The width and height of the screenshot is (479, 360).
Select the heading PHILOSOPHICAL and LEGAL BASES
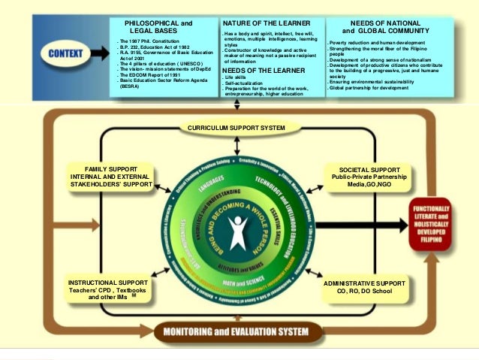pyautogui.click(x=157, y=26)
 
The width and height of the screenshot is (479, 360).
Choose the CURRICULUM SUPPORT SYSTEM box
pyautogui.click(x=236, y=128)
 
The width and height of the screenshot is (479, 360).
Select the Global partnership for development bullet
pyautogui.click(x=369, y=88)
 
